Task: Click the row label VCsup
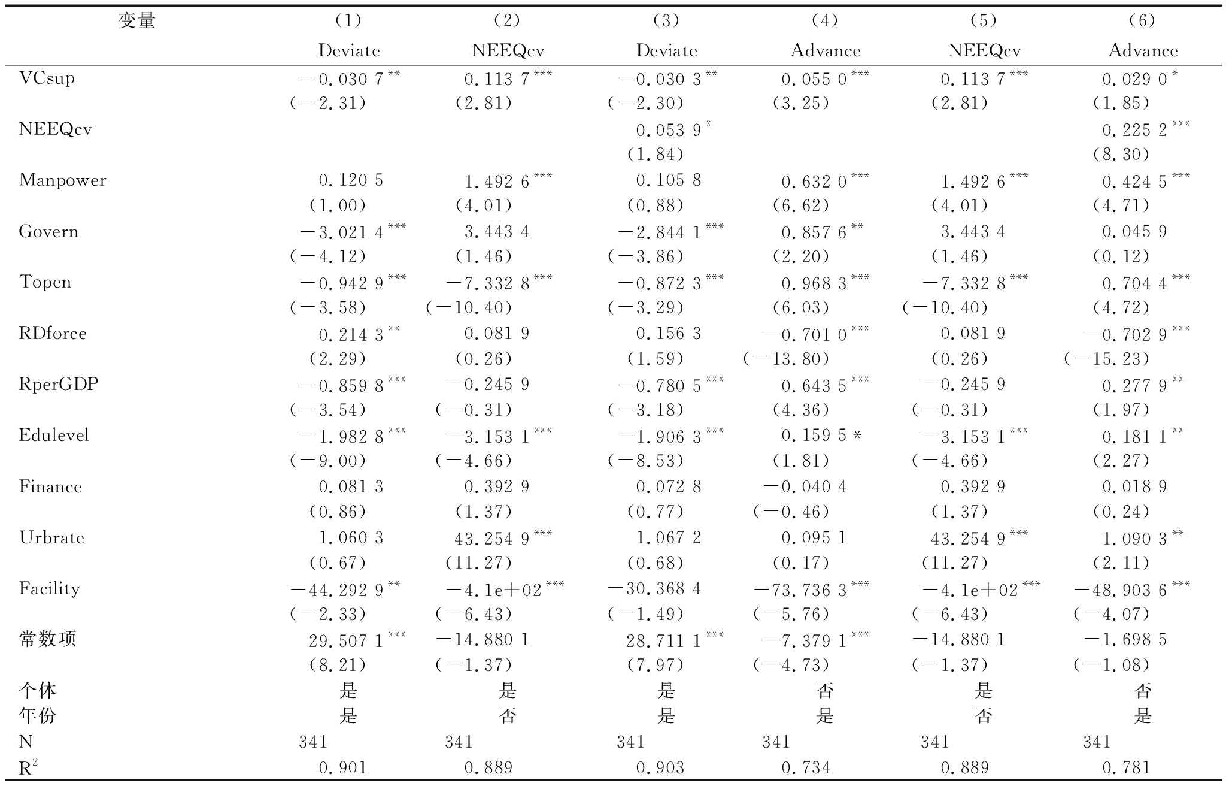[47, 78]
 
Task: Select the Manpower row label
[63, 180]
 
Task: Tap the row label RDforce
[53, 334]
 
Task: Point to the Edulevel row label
[54, 436]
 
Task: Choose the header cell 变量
[136, 21]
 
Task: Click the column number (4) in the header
[825, 21]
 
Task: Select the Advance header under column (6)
[1143, 51]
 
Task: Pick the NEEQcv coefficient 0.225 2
[1135, 129]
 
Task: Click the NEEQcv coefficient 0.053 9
[668, 129]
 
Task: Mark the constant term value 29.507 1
[346, 641]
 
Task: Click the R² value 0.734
[806, 768]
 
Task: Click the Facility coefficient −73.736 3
[800, 590]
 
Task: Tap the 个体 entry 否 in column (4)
[825, 691]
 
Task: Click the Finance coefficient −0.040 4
[806, 487]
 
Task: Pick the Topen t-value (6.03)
[801, 308]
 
